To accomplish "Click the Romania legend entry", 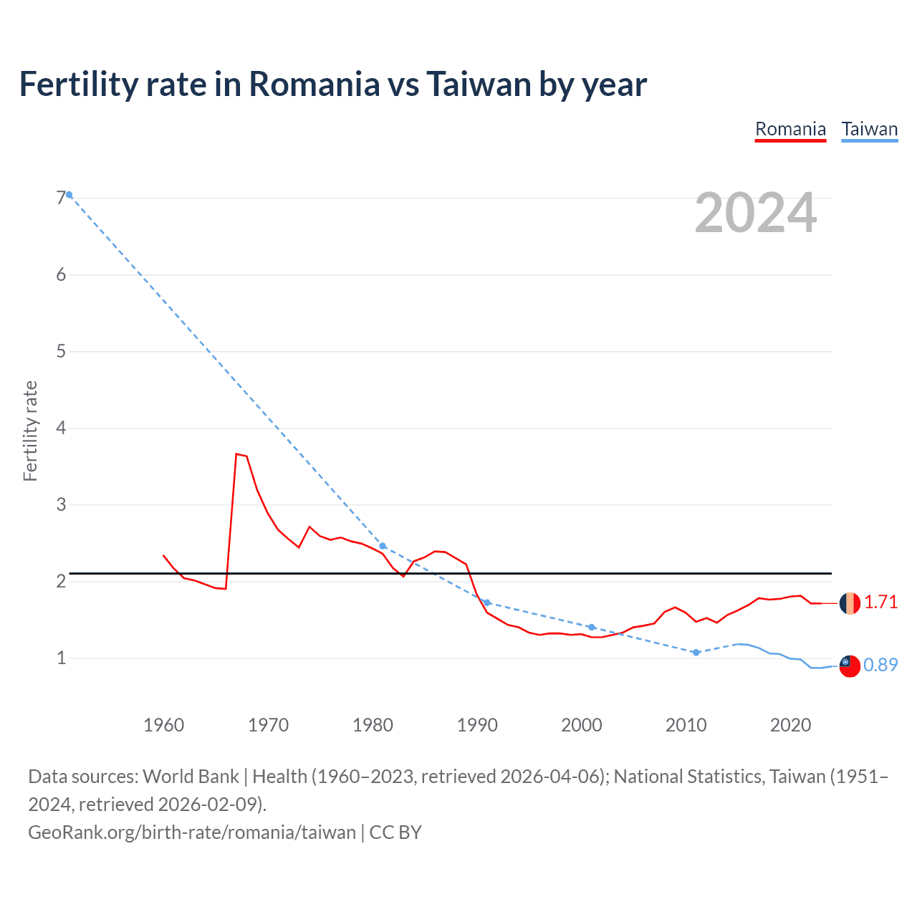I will pos(790,129).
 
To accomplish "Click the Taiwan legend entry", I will pos(869,129).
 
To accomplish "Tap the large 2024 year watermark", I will pos(755,213).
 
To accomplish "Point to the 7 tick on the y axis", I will pos(61,198).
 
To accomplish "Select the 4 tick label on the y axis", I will pos(61,428).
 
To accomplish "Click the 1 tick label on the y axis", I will pos(61,658).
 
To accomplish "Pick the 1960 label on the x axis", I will pos(163,725).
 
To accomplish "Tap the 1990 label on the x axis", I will pos(477,725).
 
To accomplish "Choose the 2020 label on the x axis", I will pos(790,725).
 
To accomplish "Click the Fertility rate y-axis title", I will pos(30,431).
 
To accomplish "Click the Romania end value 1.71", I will pos(880,602).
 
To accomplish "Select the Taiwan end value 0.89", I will pos(880,665).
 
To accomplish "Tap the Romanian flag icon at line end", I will pos(850,603).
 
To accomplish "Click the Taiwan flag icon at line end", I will pos(850,666).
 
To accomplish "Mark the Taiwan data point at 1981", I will pos(383,546).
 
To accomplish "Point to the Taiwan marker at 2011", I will pos(696,653).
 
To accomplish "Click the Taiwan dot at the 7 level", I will pos(69,194).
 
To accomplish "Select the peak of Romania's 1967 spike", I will pos(236,453).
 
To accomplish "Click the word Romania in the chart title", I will pos(314,84).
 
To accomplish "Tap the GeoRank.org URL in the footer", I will pos(192,832).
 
